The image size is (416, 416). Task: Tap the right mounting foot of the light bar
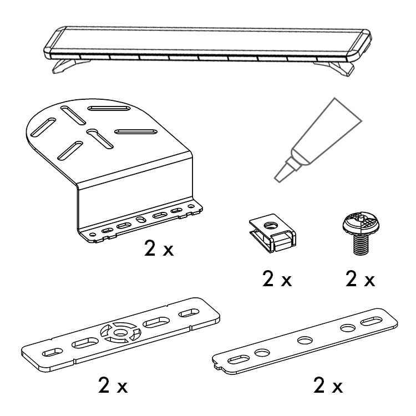point(337,68)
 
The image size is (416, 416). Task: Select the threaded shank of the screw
point(361,245)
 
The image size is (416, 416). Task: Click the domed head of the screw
point(361,224)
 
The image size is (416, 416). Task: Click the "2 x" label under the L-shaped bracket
point(159,248)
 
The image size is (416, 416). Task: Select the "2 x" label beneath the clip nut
point(277,278)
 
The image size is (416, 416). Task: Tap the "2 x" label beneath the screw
point(360,278)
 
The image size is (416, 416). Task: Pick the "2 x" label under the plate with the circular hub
point(113,385)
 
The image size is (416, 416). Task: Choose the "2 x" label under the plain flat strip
point(328,385)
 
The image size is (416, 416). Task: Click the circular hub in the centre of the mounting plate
point(121,332)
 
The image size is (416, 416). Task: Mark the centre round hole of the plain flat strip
point(305,340)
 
